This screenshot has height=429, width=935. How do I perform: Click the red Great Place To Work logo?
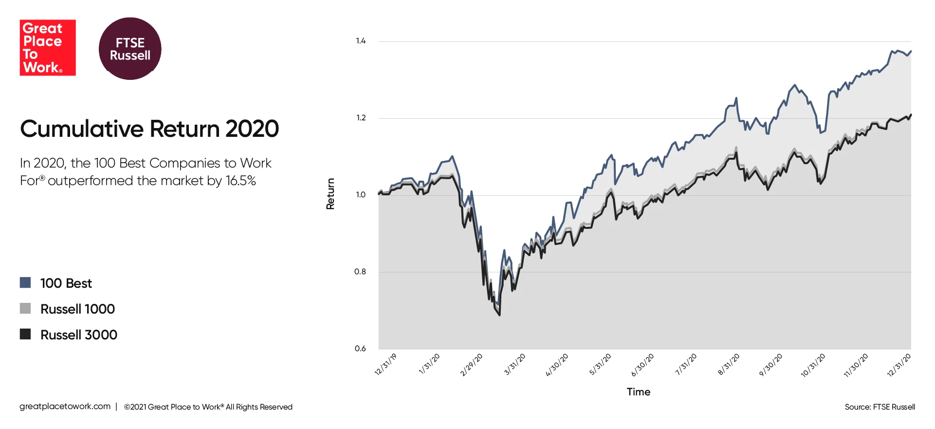47,48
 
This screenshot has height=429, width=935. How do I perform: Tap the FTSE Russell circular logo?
130,49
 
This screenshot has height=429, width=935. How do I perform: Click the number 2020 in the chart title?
252,129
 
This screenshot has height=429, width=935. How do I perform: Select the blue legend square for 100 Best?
25,282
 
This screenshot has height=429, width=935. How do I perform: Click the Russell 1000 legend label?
77,309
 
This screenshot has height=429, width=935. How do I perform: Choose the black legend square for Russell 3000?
25,334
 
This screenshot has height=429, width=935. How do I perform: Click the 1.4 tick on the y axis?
360,41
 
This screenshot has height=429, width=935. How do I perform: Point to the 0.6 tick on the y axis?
360,348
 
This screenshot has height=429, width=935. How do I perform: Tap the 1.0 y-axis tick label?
360,195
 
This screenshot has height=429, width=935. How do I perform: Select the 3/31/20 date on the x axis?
514,365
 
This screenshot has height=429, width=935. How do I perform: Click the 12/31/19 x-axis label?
385,365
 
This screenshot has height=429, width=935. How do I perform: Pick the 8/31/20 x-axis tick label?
729,365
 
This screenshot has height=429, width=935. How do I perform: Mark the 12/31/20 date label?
898,365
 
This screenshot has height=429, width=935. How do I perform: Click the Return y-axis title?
330,194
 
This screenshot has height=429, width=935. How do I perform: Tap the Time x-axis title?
638,392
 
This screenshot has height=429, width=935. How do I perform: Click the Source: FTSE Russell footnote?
880,407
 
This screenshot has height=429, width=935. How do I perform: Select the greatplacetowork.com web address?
65,406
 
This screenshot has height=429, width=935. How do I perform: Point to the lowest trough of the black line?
499,315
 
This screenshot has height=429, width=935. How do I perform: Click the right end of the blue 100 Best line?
910,51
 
